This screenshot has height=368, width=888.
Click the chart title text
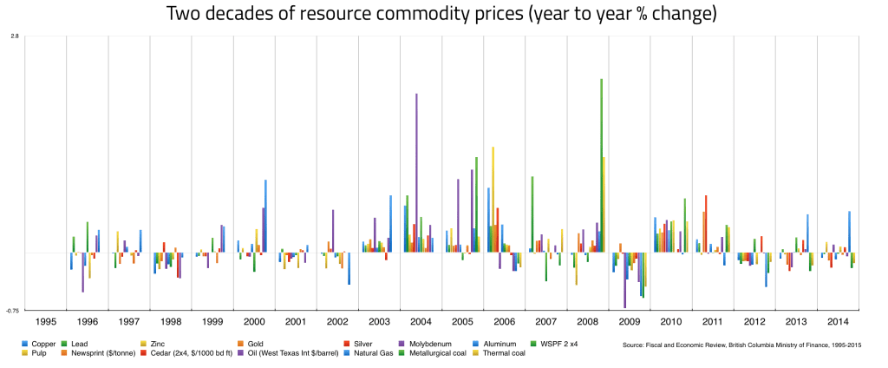[x=443, y=15]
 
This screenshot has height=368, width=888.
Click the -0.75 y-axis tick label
[x=13, y=310]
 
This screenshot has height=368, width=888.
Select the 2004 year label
[x=421, y=322]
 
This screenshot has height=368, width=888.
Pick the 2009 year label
[x=630, y=322]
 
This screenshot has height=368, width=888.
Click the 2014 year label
[x=839, y=322]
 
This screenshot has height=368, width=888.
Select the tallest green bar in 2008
[x=601, y=165]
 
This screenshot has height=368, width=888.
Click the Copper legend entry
[x=43, y=345]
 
